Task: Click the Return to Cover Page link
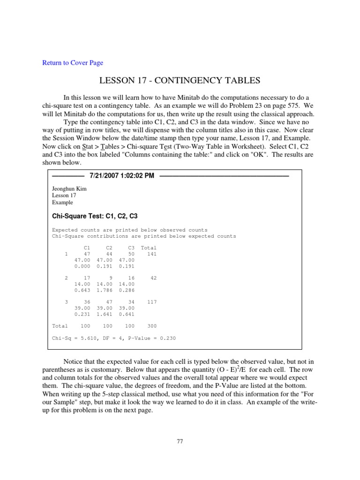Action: click(x=73, y=63)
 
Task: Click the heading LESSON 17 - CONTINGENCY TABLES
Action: click(x=180, y=81)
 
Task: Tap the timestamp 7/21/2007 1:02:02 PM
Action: click(x=121, y=176)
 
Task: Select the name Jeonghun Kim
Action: click(x=69, y=189)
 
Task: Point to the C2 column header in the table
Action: click(x=109, y=247)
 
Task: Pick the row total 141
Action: click(x=152, y=254)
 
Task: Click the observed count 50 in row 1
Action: click(x=131, y=254)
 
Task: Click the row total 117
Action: click(x=152, y=302)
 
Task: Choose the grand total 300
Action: click(x=151, y=326)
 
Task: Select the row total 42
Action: click(x=154, y=278)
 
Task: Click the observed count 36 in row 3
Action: click(x=87, y=302)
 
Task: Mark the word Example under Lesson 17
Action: click(x=62, y=202)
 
